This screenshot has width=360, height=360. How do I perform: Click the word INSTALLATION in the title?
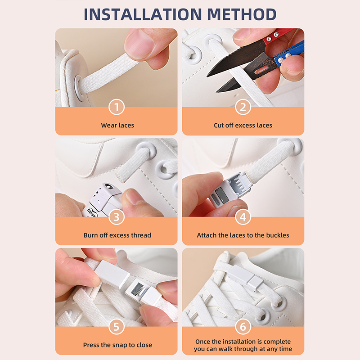(x=143, y=14)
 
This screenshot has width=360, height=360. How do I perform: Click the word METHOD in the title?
(x=242, y=14)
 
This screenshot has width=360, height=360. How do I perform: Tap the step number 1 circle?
(x=117, y=107)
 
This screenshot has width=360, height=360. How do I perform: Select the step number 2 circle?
(x=243, y=107)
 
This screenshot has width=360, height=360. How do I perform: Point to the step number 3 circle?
(x=117, y=217)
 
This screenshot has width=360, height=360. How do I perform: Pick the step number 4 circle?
(x=243, y=217)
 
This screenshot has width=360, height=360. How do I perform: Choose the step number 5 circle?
(x=117, y=327)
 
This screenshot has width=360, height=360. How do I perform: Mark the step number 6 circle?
(x=243, y=327)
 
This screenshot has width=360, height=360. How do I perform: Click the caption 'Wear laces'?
(x=117, y=126)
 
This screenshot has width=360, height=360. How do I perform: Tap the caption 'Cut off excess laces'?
(x=243, y=126)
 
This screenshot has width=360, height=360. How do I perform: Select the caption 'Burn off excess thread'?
(x=117, y=235)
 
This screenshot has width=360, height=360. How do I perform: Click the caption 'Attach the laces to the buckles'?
(x=243, y=235)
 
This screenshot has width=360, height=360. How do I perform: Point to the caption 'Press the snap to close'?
(x=117, y=345)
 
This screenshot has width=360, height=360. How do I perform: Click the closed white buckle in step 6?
(x=247, y=277)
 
